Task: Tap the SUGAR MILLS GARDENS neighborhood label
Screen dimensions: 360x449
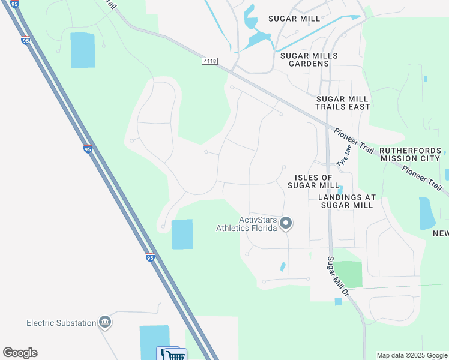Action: [x=309, y=59]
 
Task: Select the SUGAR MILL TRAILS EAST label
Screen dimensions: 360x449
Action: [x=343, y=103]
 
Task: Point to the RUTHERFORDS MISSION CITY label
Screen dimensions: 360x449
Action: [x=411, y=155]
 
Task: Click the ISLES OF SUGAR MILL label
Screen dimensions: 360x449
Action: [x=314, y=181]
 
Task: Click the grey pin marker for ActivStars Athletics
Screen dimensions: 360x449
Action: [x=286, y=224]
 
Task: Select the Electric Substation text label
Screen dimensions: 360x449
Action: [x=61, y=323]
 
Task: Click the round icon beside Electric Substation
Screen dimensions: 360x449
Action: [x=105, y=323]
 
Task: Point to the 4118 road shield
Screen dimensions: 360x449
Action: [x=209, y=61]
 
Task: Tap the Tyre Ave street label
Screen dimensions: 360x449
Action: [x=343, y=158]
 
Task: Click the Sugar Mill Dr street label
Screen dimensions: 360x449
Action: [x=337, y=277]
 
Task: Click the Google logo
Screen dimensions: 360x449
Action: [x=20, y=353]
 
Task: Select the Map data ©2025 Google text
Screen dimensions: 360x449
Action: [x=412, y=355]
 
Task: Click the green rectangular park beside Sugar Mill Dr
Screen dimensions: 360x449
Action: [x=348, y=274]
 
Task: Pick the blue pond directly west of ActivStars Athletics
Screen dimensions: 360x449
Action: [x=182, y=234]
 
